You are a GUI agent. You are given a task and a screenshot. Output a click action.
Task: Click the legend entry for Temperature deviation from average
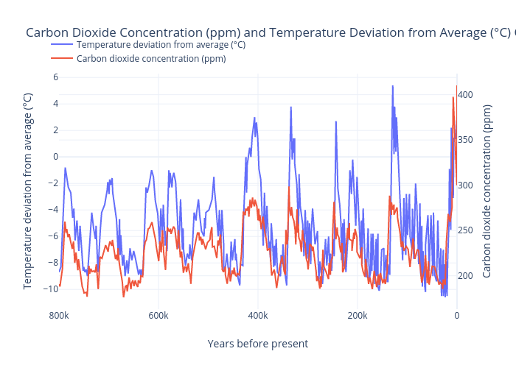(161, 44)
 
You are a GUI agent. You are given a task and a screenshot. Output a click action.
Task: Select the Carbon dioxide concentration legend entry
(151, 59)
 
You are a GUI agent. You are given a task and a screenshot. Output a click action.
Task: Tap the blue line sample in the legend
(62, 44)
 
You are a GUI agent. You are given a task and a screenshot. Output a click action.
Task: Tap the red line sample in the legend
(62, 59)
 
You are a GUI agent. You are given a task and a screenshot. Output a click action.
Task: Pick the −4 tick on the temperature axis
(52, 209)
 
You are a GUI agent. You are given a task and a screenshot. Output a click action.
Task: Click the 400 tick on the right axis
(467, 94)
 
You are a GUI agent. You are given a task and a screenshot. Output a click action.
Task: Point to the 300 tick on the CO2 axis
(467, 185)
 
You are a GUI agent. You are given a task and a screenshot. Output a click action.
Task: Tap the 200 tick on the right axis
(467, 275)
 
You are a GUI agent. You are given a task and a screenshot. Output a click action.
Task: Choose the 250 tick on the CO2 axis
(467, 230)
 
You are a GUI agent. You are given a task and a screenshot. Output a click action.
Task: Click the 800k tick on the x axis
(59, 316)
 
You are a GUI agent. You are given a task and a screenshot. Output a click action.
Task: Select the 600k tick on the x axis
(158, 316)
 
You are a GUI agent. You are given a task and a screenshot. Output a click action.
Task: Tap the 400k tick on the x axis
(258, 316)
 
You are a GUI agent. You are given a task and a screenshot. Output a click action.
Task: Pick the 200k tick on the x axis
(358, 316)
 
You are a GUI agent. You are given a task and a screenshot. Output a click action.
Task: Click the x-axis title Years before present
(257, 344)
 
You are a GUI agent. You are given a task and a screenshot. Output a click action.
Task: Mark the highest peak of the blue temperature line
(392, 85)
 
